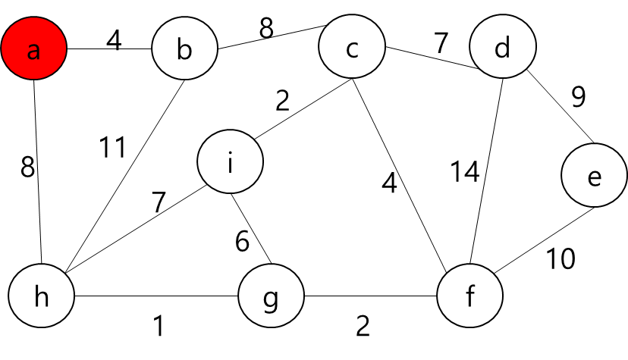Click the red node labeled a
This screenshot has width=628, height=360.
point(34,48)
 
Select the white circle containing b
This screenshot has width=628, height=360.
point(184,48)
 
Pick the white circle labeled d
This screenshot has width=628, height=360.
point(502,46)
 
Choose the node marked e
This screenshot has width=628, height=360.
point(595,175)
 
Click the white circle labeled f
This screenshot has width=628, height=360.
point(469,295)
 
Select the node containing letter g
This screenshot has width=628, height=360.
point(271,295)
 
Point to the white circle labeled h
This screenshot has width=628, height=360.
point(41,295)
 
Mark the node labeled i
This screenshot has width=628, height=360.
point(230,161)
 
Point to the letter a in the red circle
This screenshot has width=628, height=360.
point(33,52)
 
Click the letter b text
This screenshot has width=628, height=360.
point(184,50)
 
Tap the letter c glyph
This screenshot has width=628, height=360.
point(352,50)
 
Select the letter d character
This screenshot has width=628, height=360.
point(502,49)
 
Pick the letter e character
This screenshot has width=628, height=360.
point(595,178)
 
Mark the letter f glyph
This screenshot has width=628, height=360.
point(469,296)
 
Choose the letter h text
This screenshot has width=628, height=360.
point(41,297)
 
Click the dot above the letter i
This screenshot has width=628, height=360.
point(230,153)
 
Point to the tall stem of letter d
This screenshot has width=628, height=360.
point(509,46)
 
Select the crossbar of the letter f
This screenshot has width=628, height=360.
point(469,293)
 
